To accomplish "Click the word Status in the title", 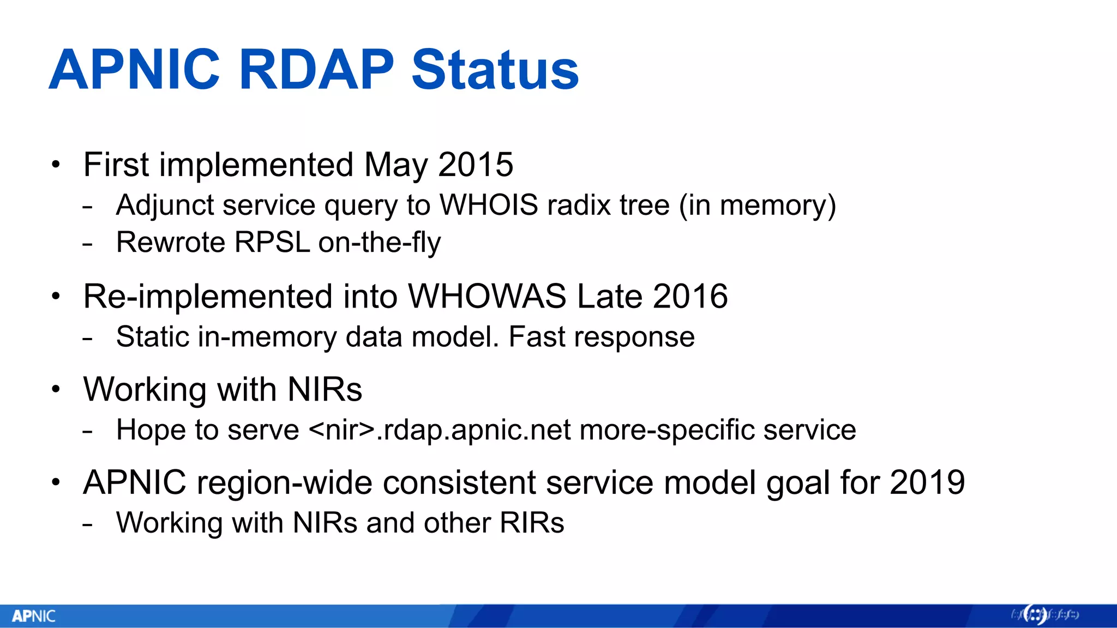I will click(x=495, y=70).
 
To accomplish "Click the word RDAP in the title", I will click(x=316, y=70).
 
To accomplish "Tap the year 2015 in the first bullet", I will click(x=475, y=165).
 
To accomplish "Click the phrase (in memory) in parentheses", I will click(x=757, y=206).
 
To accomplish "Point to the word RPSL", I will click(x=272, y=242).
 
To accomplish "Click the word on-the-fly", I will click(x=380, y=242).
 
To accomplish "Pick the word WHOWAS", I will click(x=487, y=297).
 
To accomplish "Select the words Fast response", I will click(x=602, y=337).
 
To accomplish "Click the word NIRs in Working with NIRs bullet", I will click(x=325, y=390).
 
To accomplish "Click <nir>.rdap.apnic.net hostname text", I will click(x=440, y=430).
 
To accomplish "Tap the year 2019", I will click(x=927, y=483).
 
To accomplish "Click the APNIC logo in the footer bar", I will click(x=34, y=616).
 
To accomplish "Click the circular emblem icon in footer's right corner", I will click(x=1034, y=615).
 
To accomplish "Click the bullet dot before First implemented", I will click(x=56, y=165).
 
